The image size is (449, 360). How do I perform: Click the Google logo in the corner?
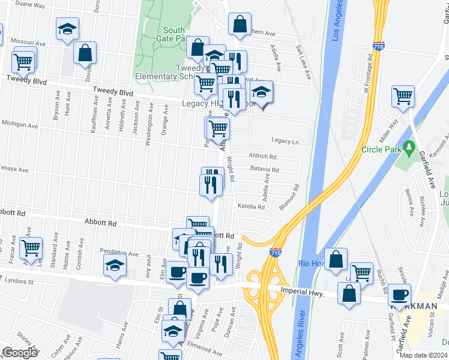(x=20, y=353)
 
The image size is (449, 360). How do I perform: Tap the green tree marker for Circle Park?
(x=410, y=146)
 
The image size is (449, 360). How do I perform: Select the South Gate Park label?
(x=174, y=35)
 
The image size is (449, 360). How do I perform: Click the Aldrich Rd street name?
(x=262, y=156)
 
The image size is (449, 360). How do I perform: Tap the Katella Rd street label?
(x=251, y=206)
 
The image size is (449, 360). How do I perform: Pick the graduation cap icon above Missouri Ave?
(x=68, y=28)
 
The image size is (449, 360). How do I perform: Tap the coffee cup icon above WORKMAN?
(x=399, y=294)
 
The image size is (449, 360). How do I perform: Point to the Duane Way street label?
(x=30, y=4)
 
